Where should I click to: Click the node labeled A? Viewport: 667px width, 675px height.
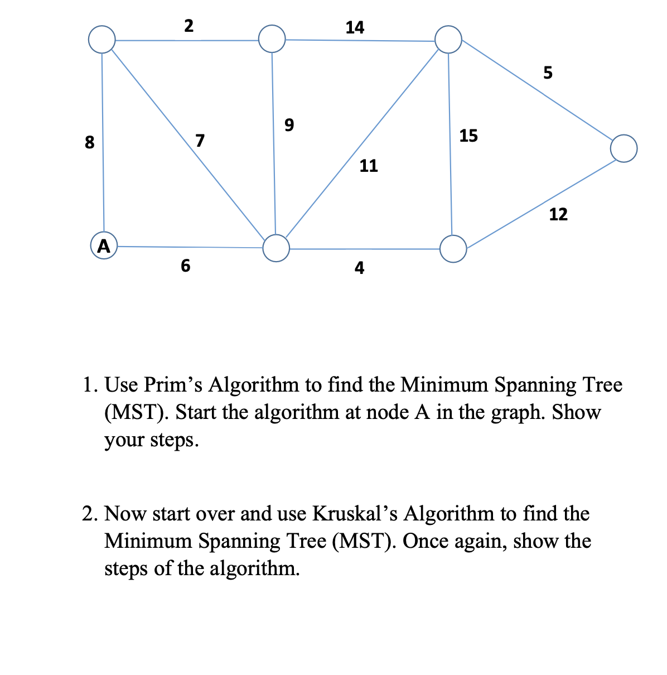click(103, 245)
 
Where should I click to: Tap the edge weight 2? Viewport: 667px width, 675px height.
click(188, 26)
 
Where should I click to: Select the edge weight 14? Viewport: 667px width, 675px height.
click(355, 27)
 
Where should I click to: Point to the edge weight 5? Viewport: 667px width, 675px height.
click(548, 73)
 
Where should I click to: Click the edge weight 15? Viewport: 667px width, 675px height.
click(468, 136)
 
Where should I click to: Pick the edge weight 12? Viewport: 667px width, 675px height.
click(558, 214)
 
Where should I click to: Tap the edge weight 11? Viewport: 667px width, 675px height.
click(369, 166)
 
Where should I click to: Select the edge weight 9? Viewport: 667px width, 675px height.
click(289, 124)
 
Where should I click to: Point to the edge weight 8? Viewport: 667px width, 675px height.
click(89, 143)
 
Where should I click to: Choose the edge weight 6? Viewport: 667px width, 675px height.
click(186, 266)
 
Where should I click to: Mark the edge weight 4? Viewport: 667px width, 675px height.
click(360, 268)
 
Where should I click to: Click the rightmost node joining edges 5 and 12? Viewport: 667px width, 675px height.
click(623, 148)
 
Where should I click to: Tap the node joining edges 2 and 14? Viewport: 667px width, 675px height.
click(272, 38)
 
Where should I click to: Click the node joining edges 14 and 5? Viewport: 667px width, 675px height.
click(448, 40)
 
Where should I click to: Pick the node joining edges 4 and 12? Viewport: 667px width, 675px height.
click(453, 249)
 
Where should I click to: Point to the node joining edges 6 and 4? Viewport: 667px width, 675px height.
click(276, 248)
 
